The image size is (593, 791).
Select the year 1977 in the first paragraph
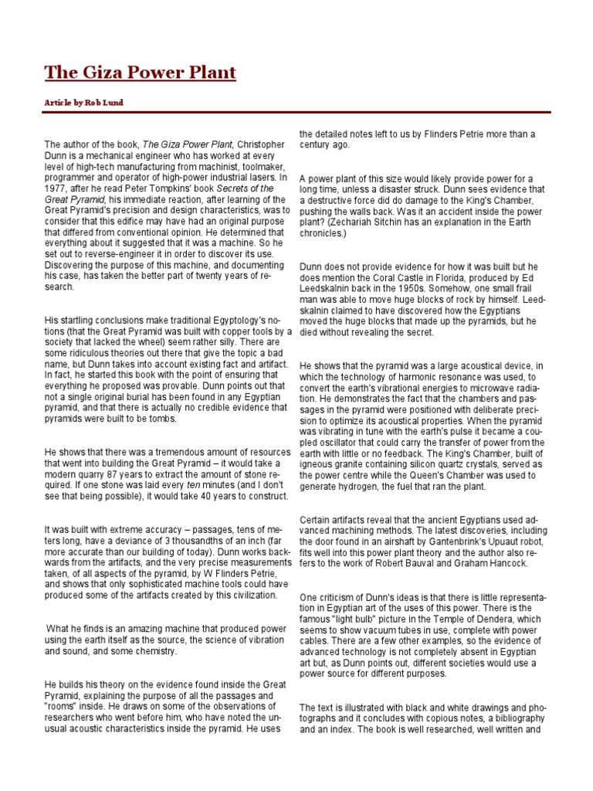[56, 188]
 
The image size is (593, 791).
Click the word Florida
[452, 277]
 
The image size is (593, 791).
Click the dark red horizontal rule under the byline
[296, 113]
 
